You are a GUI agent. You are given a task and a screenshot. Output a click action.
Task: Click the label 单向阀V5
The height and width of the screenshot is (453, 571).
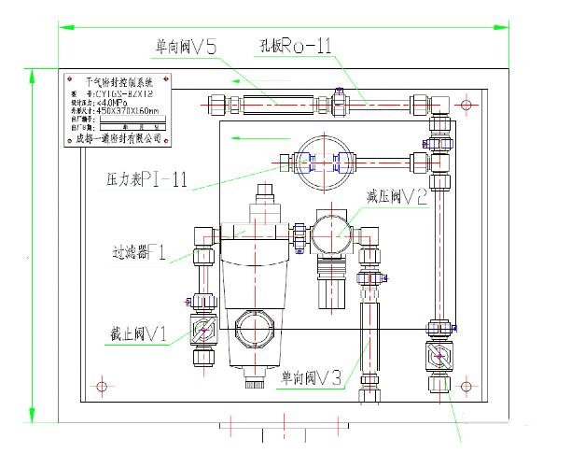(186, 47)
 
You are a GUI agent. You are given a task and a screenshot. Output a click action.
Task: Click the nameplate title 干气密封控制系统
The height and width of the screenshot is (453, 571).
(124, 82)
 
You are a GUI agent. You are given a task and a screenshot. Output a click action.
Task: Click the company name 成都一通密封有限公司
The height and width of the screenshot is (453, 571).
(118, 138)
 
